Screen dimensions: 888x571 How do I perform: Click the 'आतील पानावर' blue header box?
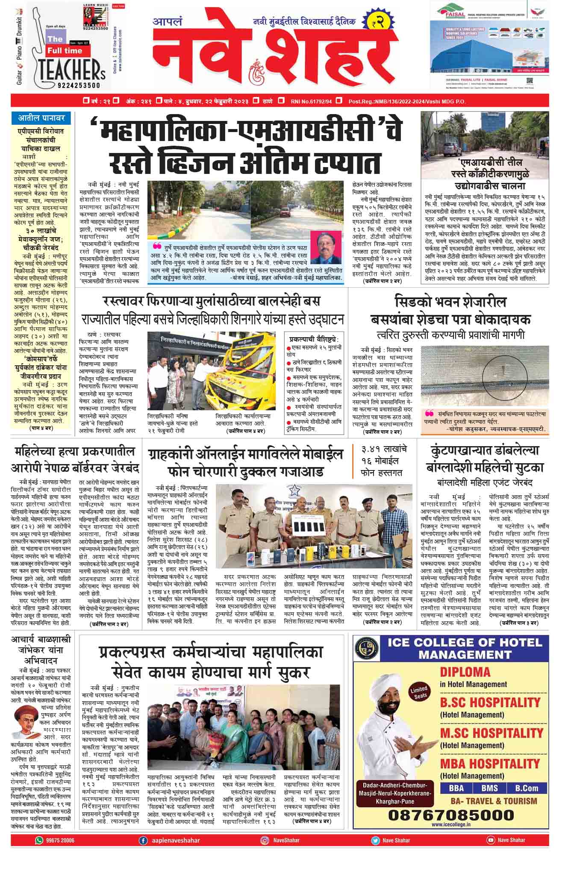[42, 117]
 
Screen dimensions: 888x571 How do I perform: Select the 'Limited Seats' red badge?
[419, 692]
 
